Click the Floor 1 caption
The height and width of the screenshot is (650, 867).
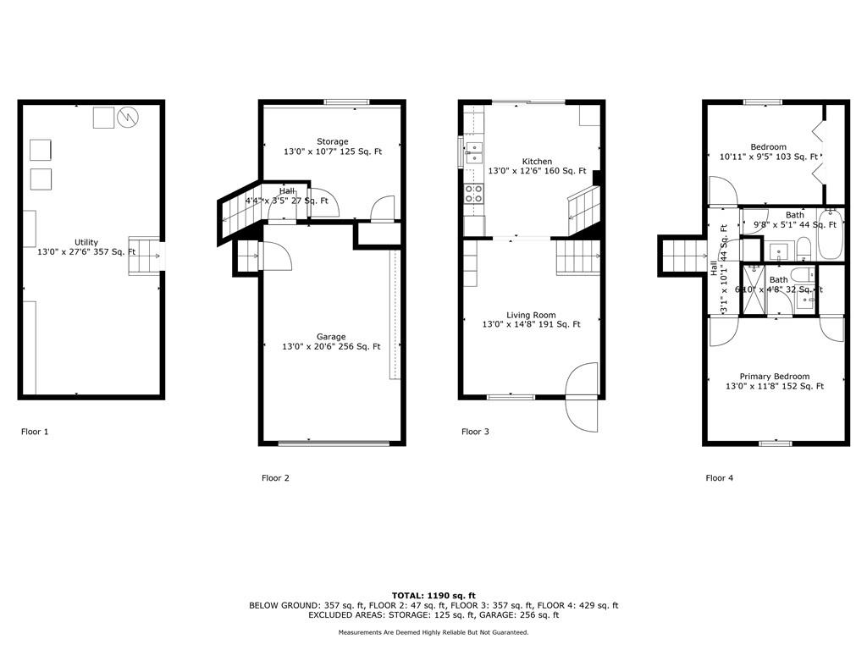click(x=35, y=432)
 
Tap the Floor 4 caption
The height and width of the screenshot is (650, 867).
click(x=720, y=478)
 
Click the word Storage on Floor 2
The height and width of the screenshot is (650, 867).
click(x=332, y=141)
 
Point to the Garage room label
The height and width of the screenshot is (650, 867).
click(x=331, y=337)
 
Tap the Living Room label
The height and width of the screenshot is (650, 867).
click(x=531, y=315)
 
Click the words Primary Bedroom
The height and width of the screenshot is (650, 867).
click(x=774, y=377)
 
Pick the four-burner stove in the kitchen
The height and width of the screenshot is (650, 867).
click(x=473, y=194)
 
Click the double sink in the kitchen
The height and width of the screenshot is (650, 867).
click(x=473, y=152)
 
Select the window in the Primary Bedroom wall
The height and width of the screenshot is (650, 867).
click(x=775, y=443)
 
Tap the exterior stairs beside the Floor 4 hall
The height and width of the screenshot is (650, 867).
click(x=682, y=256)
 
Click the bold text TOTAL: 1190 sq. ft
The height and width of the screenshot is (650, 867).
click(x=433, y=595)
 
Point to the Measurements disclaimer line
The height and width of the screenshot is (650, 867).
click(x=433, y=632)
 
